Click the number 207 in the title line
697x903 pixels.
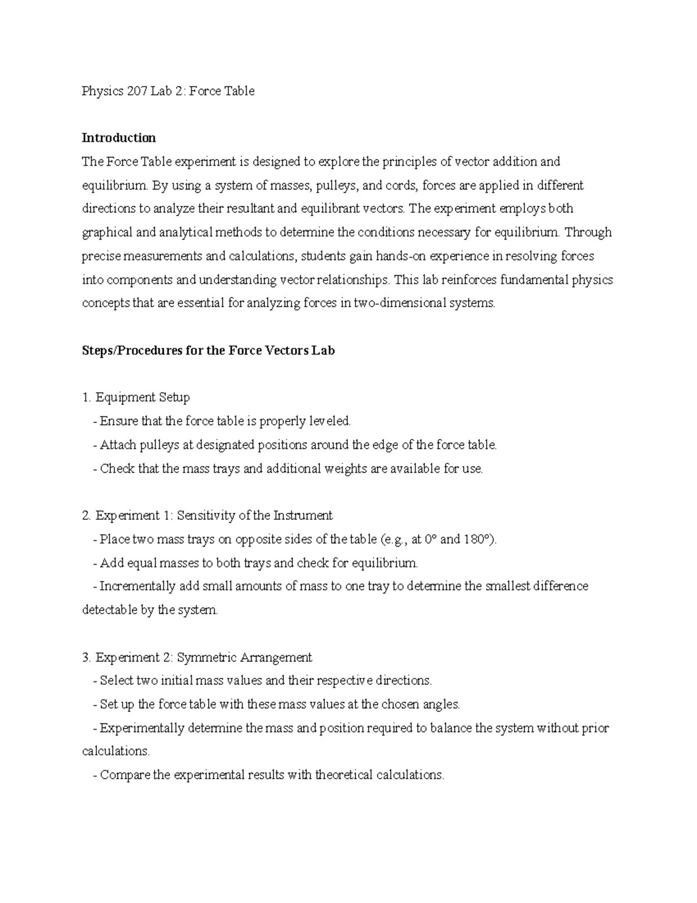(x=129, y=91)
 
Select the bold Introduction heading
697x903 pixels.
(x=118, y=138)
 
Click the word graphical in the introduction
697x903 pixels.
(x=107, y=233)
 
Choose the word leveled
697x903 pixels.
(x=330, y=421)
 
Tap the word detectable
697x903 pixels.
(x=110, y=611)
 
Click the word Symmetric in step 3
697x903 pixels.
(x=203, y=658)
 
